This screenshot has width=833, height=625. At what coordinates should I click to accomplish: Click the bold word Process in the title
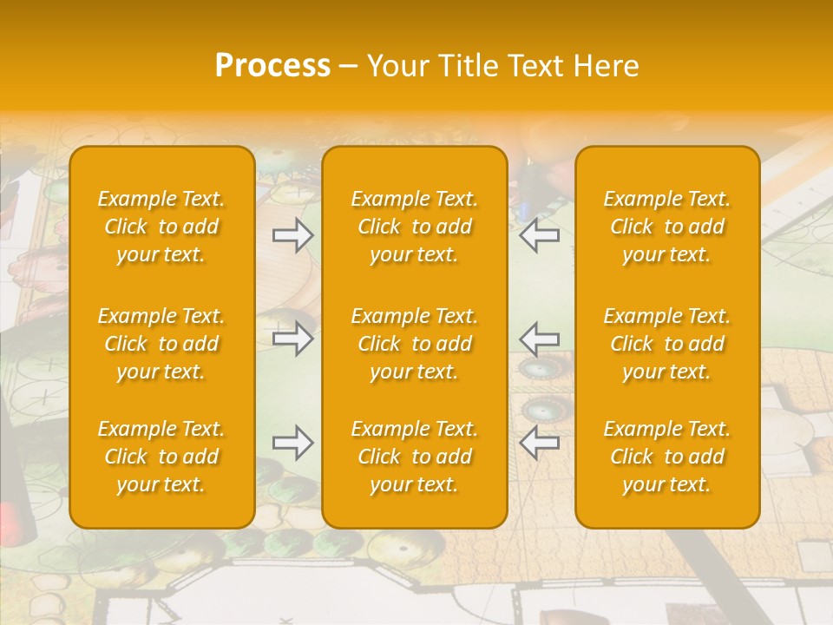click(x=272, y=66)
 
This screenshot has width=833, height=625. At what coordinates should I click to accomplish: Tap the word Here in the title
click(x=605, y=66)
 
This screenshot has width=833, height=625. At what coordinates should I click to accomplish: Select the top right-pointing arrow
click(x=292, y=235)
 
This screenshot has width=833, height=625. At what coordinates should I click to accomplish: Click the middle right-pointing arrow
click(x=292, y=339)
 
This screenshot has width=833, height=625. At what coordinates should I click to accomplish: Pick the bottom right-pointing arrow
click(x=292, y=443)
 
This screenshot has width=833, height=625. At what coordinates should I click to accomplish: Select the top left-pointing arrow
click(x=540, y=235)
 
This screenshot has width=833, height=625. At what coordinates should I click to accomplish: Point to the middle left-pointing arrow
click(x=540, y=339)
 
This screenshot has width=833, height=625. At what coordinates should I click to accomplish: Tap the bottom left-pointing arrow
click(x=540, y=443)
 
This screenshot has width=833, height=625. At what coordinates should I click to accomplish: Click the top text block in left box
click(x=161, y=227)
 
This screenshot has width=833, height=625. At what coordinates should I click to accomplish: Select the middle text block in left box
click(x=161, y=344)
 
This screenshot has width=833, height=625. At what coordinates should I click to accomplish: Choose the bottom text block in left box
click(x=161, y=457)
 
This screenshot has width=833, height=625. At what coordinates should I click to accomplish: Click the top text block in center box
click(x=415, y=227)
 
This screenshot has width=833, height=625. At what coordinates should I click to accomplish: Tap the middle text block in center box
click(x=415, y=344)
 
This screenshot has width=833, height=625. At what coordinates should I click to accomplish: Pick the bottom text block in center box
click(x=415, y=457)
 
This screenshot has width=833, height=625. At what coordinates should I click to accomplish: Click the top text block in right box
click(x=667, y=227)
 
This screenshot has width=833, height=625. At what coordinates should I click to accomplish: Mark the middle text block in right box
click(x=667, y=344)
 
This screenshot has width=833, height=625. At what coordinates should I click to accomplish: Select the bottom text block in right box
click(x=667, y=457)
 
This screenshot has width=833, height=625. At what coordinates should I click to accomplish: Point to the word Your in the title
click(x=396, y=66)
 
